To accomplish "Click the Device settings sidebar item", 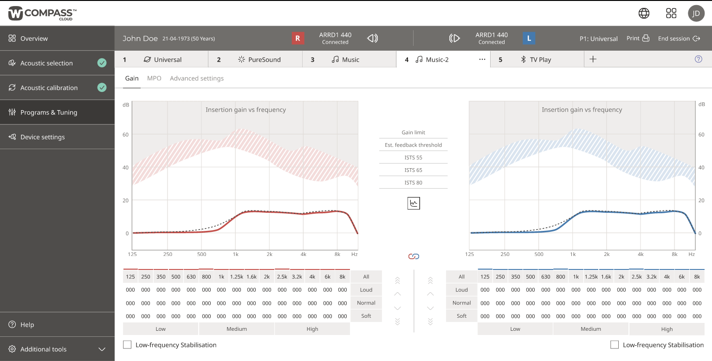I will tap(42, 137).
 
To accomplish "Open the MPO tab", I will tap(154, 79).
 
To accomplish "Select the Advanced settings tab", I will tap(197, 79).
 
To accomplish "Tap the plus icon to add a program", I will tap(593, 59).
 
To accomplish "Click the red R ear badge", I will tap(298, 39).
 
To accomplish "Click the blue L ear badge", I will tap(529, 39).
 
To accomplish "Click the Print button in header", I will tap(638, 39).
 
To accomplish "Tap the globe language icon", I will tap(644, 13).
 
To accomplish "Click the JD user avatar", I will tap(696, 13).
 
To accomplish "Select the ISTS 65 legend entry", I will tap(413, 170).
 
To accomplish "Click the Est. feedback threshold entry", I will tap(413, 145).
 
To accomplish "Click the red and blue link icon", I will tap(414, 256).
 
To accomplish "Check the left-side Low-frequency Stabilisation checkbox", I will tap(127, 345).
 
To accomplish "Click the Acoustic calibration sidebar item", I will tap(49, 88).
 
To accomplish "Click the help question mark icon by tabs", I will tap(699, 59).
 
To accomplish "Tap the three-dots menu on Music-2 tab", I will tap(482, 59).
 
